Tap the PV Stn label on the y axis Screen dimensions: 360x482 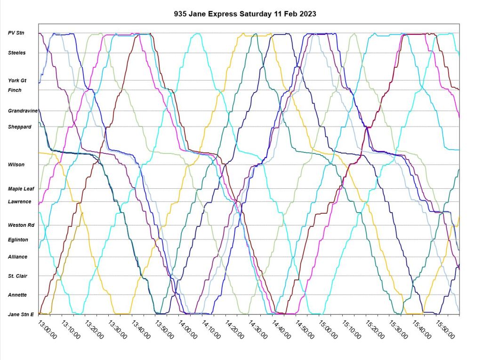(x=16, y=33)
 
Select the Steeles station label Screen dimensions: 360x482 (x=17, y=53)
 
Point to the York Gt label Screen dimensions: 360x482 (x=17, y=80)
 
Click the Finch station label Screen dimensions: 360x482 (x=15, y=90)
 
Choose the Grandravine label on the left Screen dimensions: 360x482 (x=23, y=111)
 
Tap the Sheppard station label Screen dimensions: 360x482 (x=20, y=127)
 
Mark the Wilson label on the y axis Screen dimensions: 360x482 (x=16, y=165)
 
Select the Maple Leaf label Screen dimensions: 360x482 (x=21, y=189)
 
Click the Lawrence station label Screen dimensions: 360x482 (x=20, y=201)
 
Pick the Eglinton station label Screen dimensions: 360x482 (x=18, y=240)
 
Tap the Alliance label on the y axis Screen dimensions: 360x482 (x=17, y=256)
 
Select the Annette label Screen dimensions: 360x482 (x=17, y=295)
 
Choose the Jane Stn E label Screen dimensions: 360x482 (x=21, y=314)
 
